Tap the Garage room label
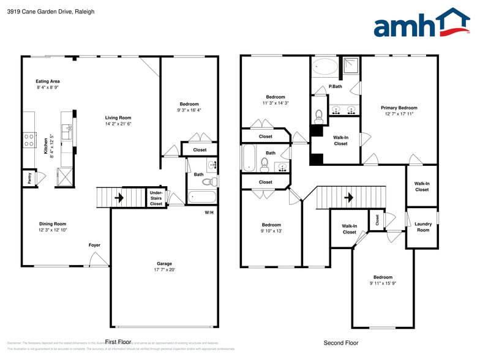pos(163,264)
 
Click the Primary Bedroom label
pos(399,107)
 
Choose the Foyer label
pos(94,245)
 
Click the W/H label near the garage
pos(209,212)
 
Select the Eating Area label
pos(48,81)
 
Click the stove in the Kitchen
pos(29,140)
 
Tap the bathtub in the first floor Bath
pos(201,197)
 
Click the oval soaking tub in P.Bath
pos(325,66)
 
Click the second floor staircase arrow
pos(348,197)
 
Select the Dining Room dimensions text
pos(53,230)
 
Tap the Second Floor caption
pos(340,343)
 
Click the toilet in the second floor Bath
pos(265,163)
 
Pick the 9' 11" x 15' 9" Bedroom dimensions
pos(383,283)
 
